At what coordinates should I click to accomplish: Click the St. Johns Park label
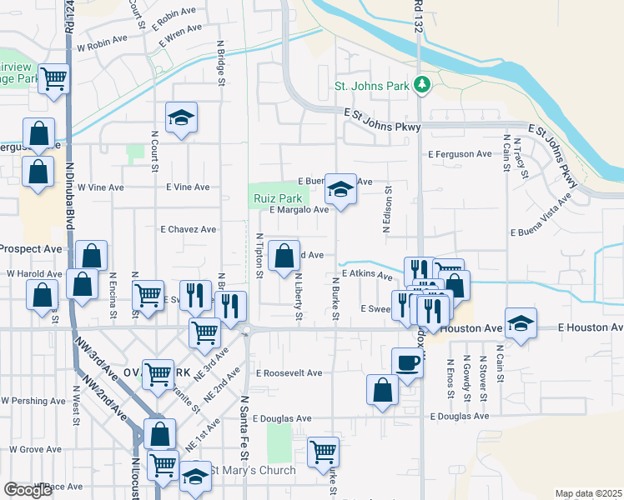371,86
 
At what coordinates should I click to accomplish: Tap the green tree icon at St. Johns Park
423,84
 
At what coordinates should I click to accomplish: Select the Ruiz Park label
278,198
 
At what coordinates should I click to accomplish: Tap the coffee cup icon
407,362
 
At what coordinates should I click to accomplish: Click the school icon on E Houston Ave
521,323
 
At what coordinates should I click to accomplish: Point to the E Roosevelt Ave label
289,373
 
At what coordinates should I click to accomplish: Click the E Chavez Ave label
189,229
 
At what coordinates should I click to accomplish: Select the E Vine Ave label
188,187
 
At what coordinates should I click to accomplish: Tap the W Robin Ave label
102,39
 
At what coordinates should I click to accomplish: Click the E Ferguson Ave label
460,154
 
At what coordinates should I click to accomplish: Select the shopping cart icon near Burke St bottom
323,452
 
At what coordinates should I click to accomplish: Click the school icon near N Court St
180,117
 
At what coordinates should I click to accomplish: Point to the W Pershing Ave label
33,401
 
